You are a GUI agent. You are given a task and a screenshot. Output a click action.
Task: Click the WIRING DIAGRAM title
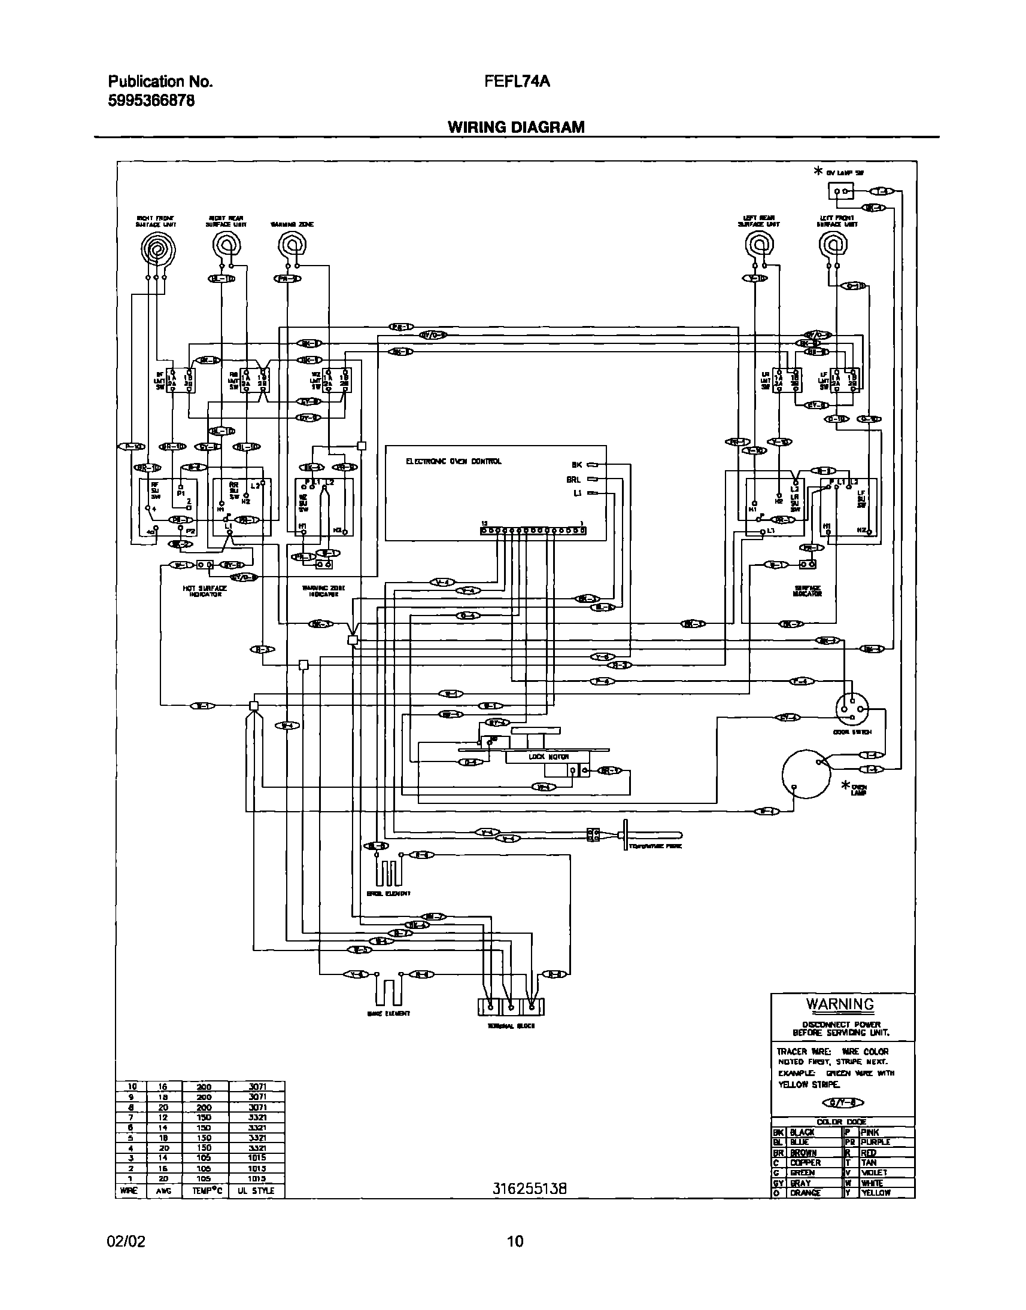click(x=515, y=127)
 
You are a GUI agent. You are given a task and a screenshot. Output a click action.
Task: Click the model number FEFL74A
click(x=517, y=81)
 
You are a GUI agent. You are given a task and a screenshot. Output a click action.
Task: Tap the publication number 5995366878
click(x=151, y=101)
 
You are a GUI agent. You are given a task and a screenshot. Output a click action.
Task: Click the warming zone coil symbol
click(x=293, y=245)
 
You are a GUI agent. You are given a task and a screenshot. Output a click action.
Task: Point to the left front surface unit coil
click(x=833, y=245)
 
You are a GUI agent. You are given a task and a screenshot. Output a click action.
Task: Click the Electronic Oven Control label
click(x=454, y=461)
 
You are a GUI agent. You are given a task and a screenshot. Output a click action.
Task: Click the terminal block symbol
click(x=511, y=1007)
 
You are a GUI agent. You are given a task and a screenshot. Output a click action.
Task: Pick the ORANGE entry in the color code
click(x=805, y=1192)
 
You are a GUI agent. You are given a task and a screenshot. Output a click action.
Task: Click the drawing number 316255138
click(x=529, y=1188)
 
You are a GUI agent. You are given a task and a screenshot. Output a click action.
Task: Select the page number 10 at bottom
click(x=515, y=1241)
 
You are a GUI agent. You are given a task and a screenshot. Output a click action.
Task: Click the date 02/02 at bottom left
click(x=126, y=1241)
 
